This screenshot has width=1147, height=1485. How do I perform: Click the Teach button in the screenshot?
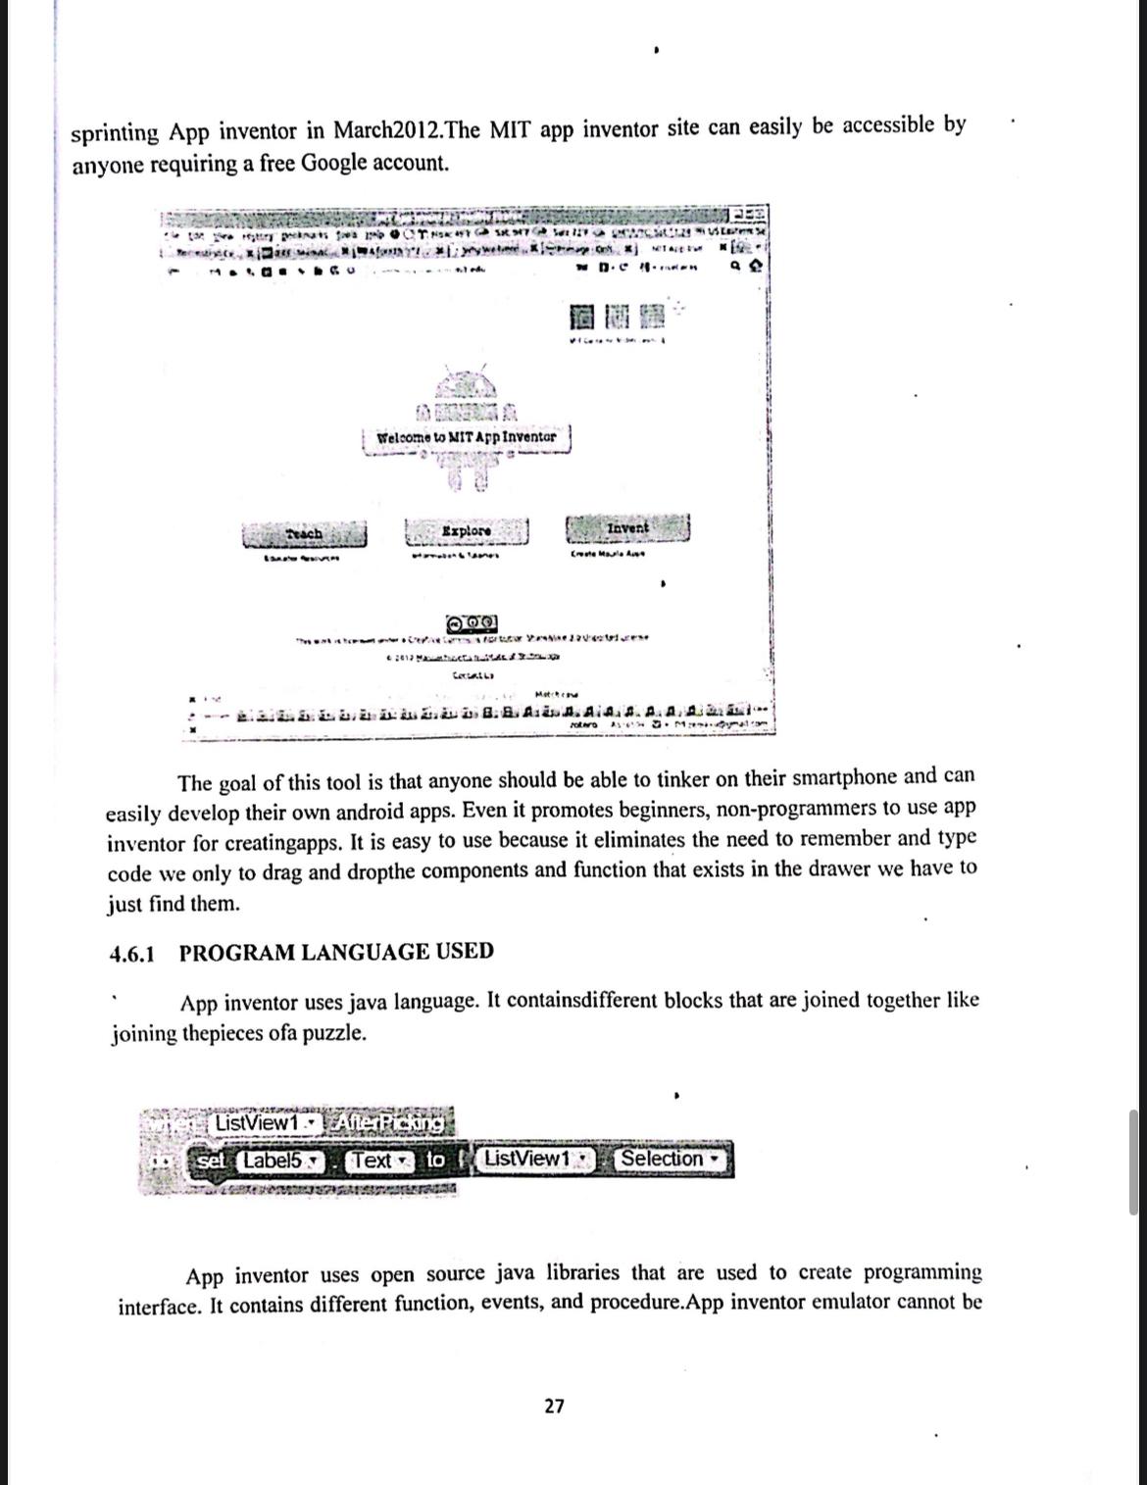305,533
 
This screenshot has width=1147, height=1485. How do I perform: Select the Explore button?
467,530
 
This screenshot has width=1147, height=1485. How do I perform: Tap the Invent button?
627,527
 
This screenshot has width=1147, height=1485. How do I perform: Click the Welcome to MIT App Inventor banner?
467,436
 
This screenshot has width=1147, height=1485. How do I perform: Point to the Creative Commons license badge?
472,622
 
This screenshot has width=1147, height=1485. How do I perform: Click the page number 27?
554,1406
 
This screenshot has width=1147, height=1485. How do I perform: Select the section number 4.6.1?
131,954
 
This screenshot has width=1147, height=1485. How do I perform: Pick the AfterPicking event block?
387,1121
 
